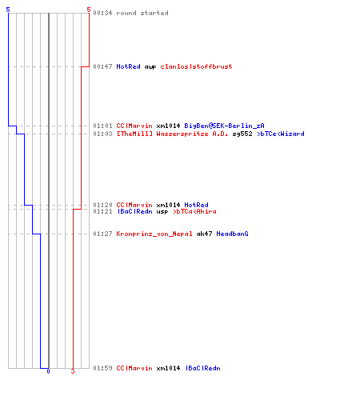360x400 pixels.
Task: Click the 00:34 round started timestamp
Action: [x=102, y=13]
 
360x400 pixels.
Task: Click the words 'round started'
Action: [x=142, y=13]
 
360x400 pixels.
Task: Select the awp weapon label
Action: [x=150, y=67]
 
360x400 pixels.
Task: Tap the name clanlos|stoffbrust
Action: [x=196, y=66]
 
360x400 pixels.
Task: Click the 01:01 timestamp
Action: [x=102, y=126]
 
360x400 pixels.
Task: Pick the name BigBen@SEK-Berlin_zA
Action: [x=224, y=126]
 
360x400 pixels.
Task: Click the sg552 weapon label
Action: [x=242, y=134]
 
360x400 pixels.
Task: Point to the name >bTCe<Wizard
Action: [x=281, y=134]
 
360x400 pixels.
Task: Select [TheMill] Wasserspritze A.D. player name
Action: [x=172, y=134]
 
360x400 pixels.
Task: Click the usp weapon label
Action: [x=162, y=212]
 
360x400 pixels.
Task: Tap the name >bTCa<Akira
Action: [x=194, y=211]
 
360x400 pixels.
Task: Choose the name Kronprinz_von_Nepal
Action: [x=154, y=234]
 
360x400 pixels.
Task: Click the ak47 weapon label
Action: [x=204, y=234]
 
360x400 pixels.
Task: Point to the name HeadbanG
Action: [x=232, y=234]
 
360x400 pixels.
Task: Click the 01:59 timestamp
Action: [x=102, y=368]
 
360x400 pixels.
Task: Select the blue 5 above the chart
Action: [x=8, y=10]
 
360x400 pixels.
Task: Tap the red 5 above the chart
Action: [x=89, y=10]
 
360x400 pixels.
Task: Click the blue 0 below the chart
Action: [x=48, y=371]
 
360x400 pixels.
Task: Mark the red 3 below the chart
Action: [x=73, y=371]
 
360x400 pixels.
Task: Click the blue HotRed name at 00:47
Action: [x=128, y=66]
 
